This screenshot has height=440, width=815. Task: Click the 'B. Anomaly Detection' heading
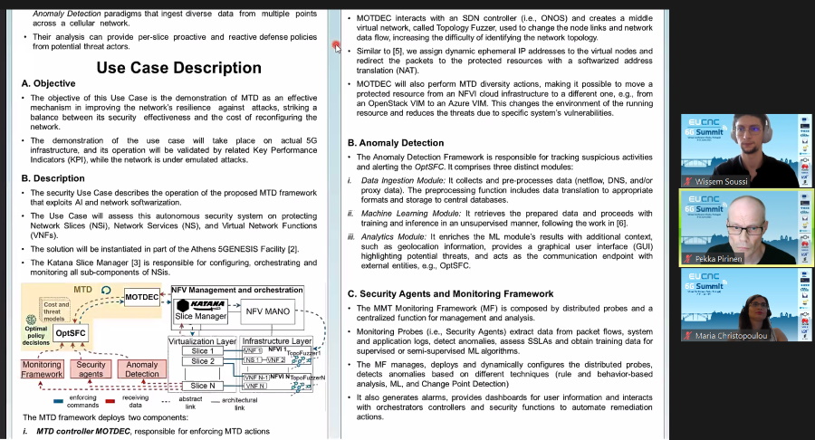click(396, 143)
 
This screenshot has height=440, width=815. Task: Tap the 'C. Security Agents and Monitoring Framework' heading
click(451, 293)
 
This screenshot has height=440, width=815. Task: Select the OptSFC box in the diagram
click(70, 333)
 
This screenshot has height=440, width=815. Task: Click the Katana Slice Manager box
click(200, 310)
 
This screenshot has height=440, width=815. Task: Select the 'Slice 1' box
click(203, 350)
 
